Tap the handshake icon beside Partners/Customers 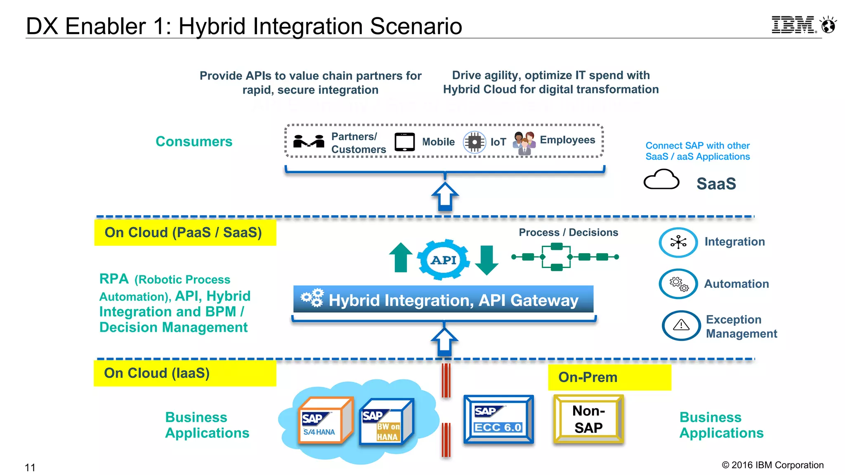click(x=309, y=141)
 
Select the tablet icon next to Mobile click(x=404, y=142)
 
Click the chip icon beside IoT click(x=474, y=142)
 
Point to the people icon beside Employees click(x=524, y=143)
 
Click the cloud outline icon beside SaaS click(x=661, y=180)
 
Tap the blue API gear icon click(x=444, y=260)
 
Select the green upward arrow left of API click(x=401, y=257)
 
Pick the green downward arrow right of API click(x=487, y=260)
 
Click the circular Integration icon click(x=678, y=242)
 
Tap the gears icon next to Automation click(x=678, y=284)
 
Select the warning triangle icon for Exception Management click(x=681, y=325)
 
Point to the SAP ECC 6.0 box click(x=498, y=419)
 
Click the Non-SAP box click(x=588, y=419)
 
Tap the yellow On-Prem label click(x=609, y=377)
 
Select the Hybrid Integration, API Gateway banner click(x=443, y=299)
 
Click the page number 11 click(x=30, y=468)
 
